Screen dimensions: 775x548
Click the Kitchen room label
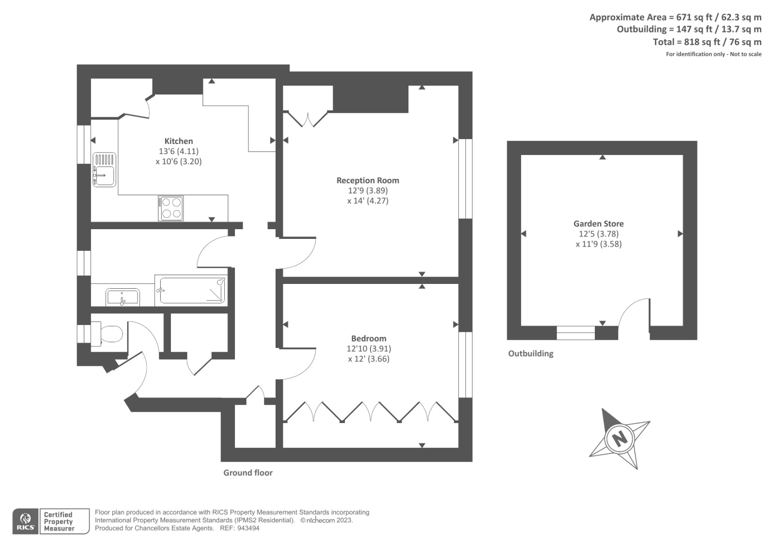click(178, 141)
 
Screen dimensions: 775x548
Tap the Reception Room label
click(368, 180)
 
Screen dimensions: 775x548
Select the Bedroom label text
click(369, 338)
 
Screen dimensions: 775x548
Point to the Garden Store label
click(598, 223)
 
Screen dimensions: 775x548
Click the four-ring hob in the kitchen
click(170, 208)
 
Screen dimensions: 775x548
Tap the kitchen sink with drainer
click(104, 169)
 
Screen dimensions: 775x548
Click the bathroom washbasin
click(123, 297)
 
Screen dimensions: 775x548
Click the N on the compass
click(620, 438)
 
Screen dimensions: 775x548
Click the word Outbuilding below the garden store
click(530, 353)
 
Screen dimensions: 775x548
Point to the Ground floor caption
click(248, 472)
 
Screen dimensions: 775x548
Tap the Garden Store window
click(575, 333)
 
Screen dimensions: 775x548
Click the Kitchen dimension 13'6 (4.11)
click(178, 151)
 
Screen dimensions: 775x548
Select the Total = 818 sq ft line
click(707, 42)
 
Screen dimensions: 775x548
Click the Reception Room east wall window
click(465, 179)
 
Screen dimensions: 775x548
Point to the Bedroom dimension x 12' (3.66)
click(369, 359)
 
